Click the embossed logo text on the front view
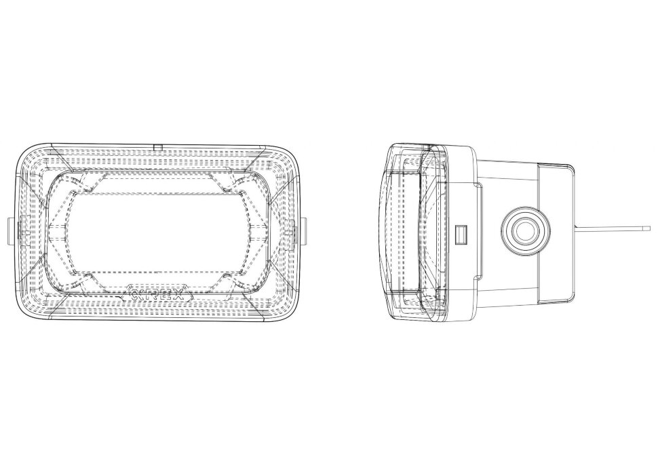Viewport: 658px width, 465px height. coord(156,296)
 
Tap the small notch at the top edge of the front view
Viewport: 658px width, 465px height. coord(157,146)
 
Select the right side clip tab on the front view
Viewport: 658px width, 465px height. coord(301,230)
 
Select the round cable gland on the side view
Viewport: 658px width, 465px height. coord(524,231)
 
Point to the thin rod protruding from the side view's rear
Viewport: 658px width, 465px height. coord(611,228)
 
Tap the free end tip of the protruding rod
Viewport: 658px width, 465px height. coord(649,228)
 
